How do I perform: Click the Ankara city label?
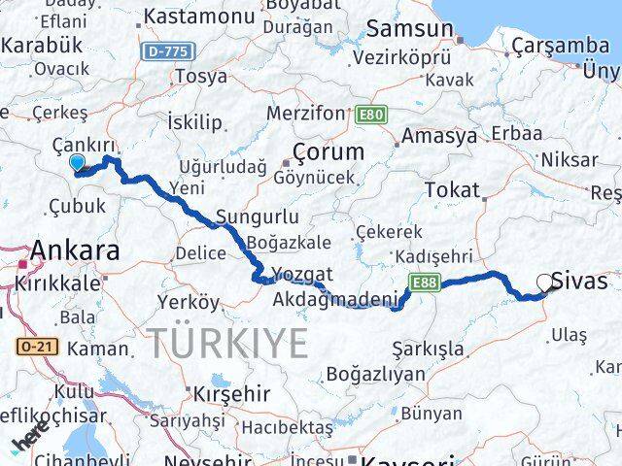coord(76,251)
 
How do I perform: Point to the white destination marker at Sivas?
coord(544,283)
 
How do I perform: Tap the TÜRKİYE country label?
coord(228,343)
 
